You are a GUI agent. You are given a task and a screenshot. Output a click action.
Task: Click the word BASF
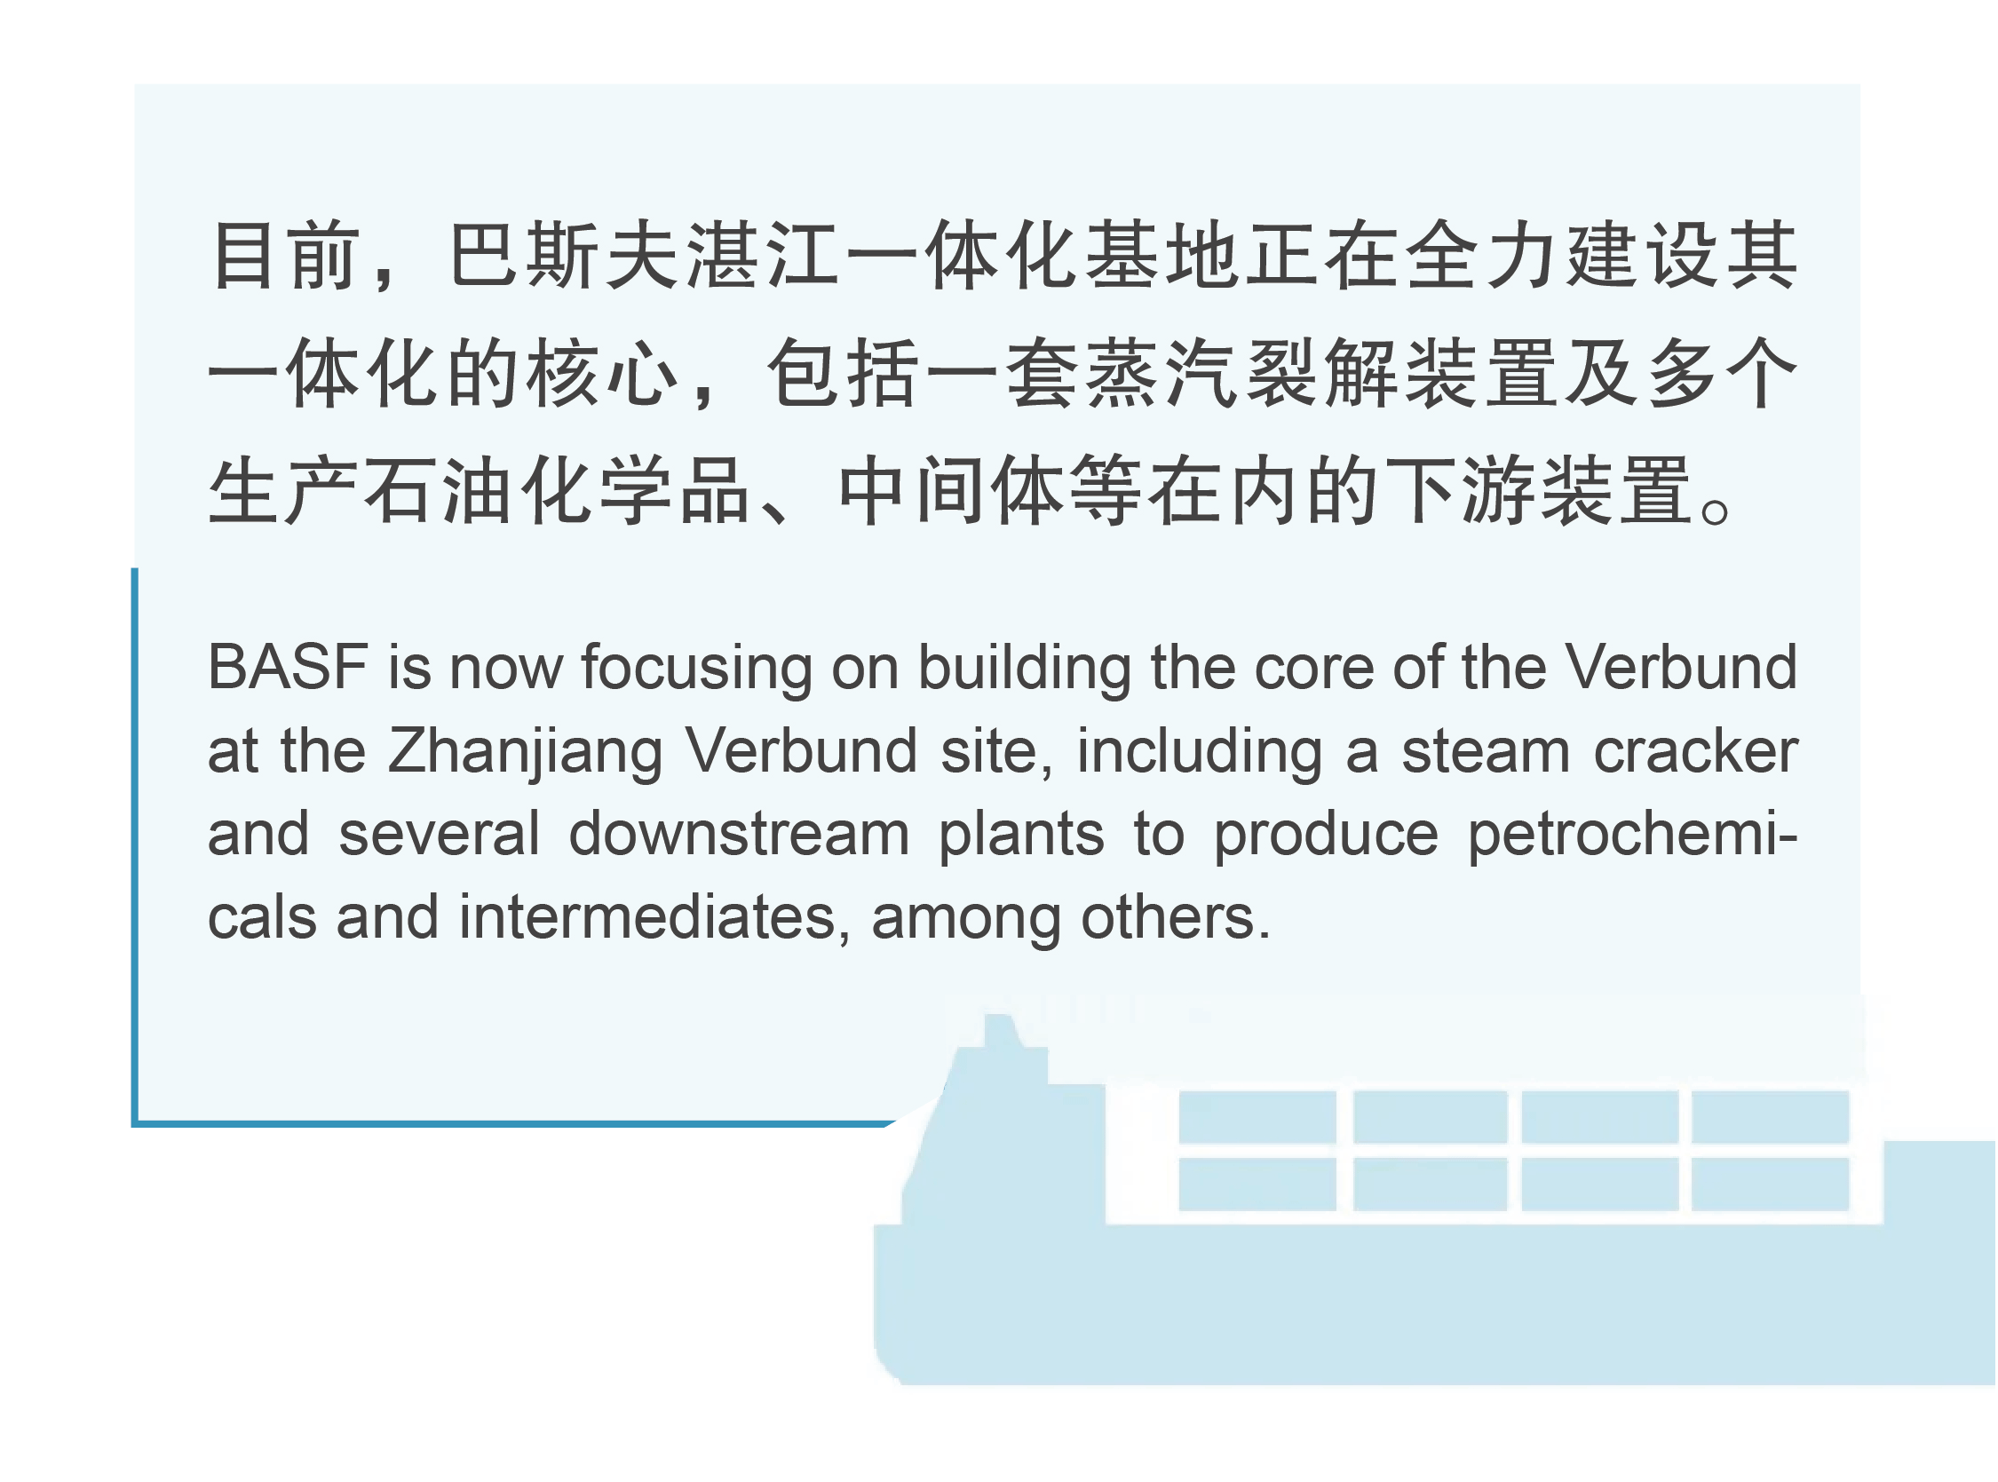(288, 668)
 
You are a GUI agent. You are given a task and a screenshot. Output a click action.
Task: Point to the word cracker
(1696, 752)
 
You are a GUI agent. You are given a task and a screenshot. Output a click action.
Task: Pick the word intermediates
(647, 918)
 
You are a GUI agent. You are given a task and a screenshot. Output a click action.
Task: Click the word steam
(1486, 752)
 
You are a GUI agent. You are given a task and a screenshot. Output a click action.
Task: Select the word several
(440, 835)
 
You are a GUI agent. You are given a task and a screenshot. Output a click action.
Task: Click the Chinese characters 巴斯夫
(563, 256)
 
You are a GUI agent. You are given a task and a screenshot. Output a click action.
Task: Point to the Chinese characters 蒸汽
(1162, 373)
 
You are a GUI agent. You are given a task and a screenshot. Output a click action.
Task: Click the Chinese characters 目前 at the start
(286, 256)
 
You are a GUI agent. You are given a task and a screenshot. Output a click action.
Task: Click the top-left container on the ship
(1257, 1117)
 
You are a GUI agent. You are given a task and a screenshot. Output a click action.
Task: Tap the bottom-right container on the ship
(1770, 1185)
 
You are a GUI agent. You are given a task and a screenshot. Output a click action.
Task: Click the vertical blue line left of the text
(135, 846)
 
